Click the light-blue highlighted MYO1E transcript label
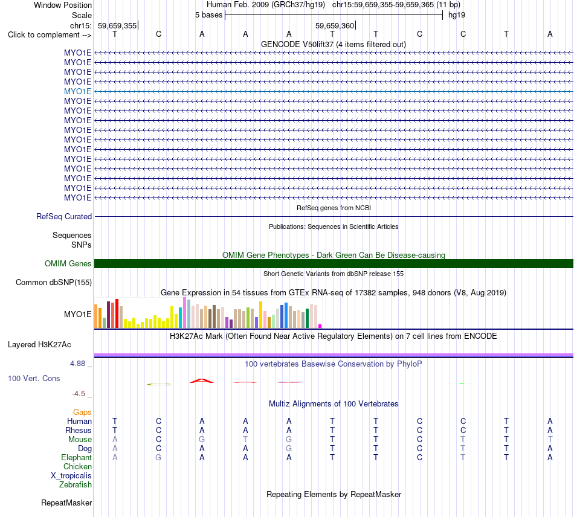point(77,91)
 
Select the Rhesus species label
point(79,430)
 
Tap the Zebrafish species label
point(76,485)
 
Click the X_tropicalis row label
point(71,476)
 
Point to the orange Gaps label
point(82,413)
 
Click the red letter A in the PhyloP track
point(202,381)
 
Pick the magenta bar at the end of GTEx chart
point(320,326)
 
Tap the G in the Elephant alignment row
point(158,457)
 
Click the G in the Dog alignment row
point(289,448)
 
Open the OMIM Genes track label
point(68,263)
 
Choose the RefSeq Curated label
point(64,217)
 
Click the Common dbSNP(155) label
point(54,283)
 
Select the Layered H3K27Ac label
point(39,345)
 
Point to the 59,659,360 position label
point(335,25)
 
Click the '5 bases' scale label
point(208,15)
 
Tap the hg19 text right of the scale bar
point(457,15)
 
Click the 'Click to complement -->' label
point(50,35)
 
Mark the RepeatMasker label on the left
point(66,503)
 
